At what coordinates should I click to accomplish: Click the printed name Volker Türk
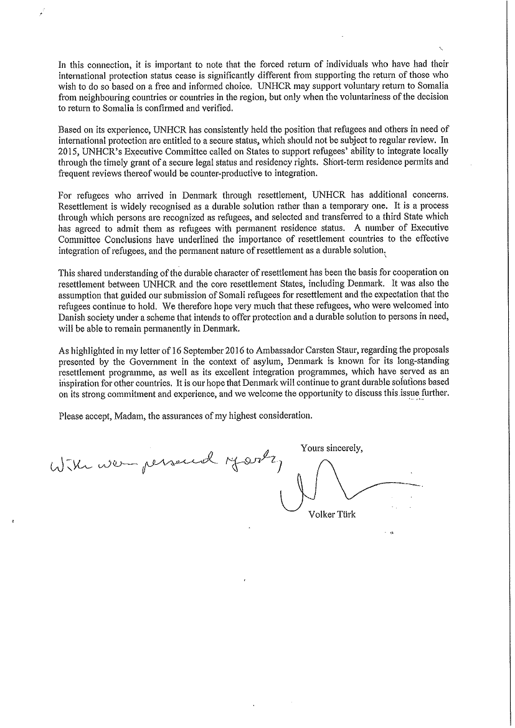332,514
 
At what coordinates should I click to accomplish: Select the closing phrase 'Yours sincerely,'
331,447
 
